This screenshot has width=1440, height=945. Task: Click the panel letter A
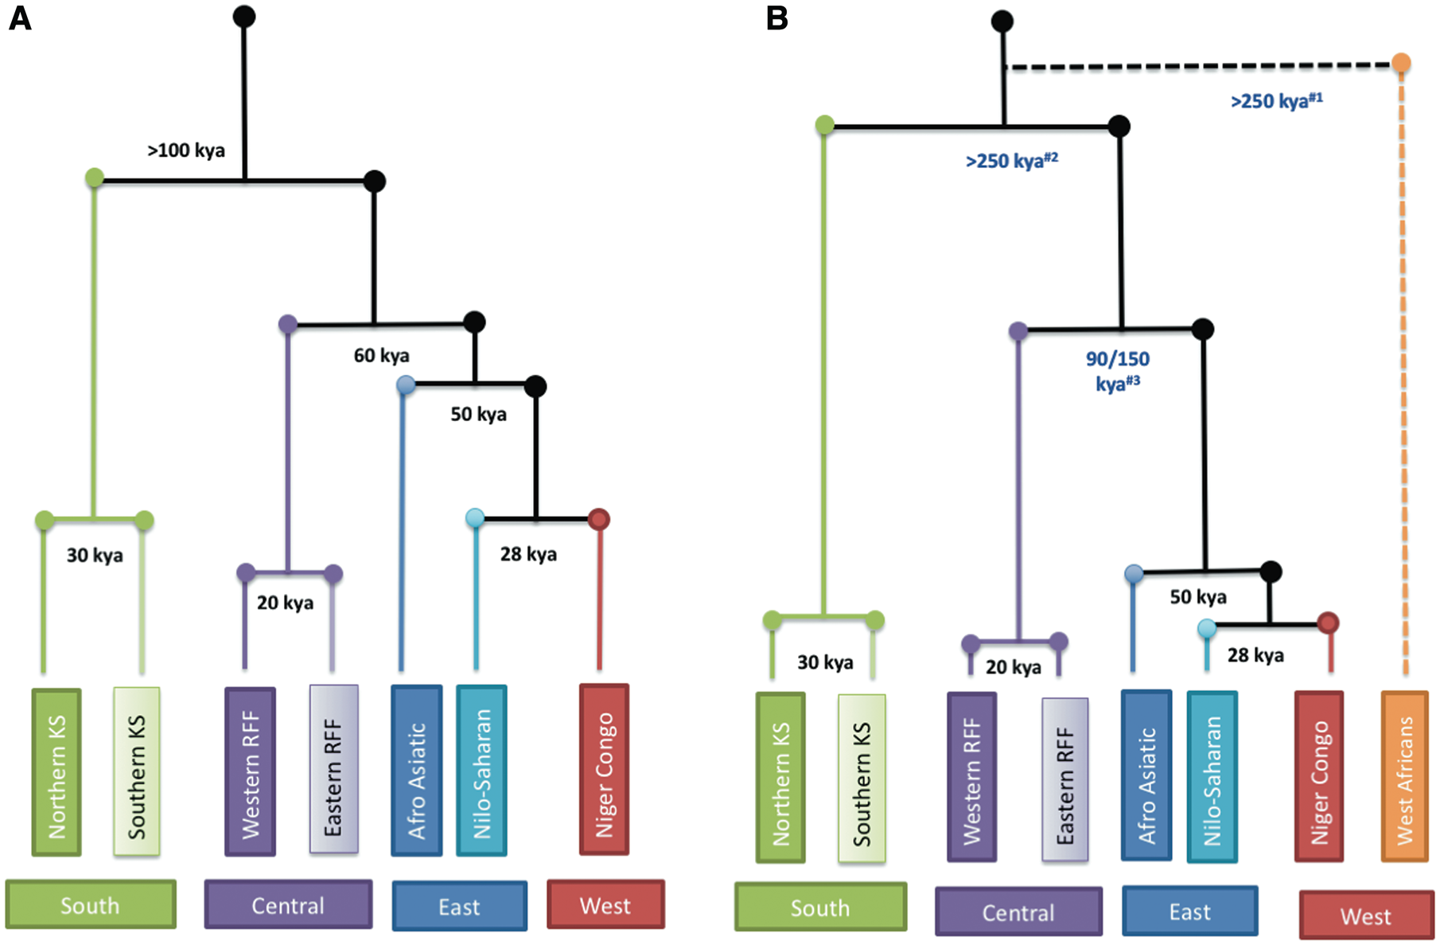pyautogui.click(x=20, y=18)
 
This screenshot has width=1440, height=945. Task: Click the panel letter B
pyautogui.click(x=777, y=18)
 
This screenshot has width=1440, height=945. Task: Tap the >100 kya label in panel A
pyautogui.click(x=186, y=150)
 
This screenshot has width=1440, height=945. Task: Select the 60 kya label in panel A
pyautogui.click(x=382, y=355)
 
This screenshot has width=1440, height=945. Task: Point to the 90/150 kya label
pyautogui.click(x=1118, y=371)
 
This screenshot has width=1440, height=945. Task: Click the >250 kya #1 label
pyautogui.click(x=1276, y=101)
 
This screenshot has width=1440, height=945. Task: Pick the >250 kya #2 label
pyautogui.click(x=1011, y=161)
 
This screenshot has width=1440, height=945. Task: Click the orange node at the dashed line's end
pyautogui.click(x=1401, y=63)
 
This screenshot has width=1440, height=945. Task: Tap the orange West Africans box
pyautogui.click(x=1405, y=776)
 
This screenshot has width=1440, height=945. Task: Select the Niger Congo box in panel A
pyautogui.click(x=605, y=770)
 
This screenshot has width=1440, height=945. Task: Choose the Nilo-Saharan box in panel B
pyautogui.click(x=1212, y=776)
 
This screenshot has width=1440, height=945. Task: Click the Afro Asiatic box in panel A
pyautogui.click(x=416, y=771)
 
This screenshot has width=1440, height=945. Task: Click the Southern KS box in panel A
pyautogui.click(x=137, y=771)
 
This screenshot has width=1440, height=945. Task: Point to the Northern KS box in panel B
pyautogui.click(x=780, y=778)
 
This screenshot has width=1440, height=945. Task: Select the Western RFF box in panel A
pyautogui.click(x=250, y=771)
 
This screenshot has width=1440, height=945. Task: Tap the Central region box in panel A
pyautogui.click(x=288, y=904)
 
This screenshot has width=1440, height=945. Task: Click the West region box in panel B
pyautogui.click(x=1365, y=916)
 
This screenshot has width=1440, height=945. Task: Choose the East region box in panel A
pyautogui.click(x=459, y=906)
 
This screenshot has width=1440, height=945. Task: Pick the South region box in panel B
pyautogui.click(x=820, y=907)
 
